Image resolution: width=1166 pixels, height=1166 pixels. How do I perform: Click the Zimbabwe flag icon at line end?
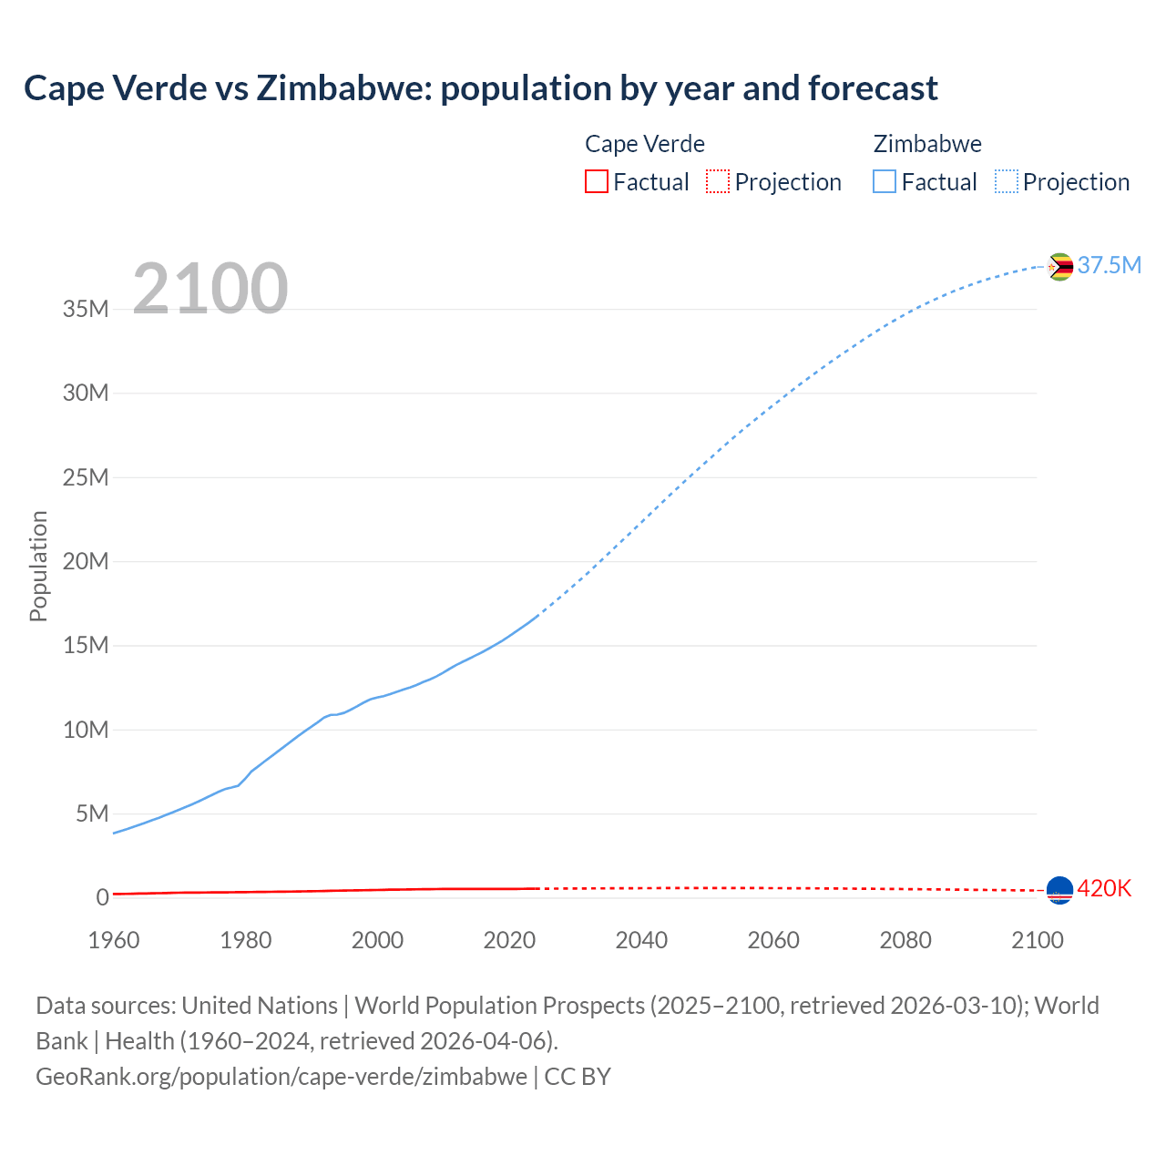(x=1059, y=267)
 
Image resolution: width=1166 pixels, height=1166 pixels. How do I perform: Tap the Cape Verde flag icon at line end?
(x=1059, y=890)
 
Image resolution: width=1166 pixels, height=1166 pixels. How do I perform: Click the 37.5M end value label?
(x=1109, y=265)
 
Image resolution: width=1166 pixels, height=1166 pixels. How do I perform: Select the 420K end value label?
(x=1104, y=888)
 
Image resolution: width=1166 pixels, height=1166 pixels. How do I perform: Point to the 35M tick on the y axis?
(x=86, y=309)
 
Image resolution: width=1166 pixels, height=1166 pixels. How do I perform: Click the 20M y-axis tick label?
(x=86, y=561)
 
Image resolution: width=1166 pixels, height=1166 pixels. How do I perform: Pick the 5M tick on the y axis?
(x=92, y=813)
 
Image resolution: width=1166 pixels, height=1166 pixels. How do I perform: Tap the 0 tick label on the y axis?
(x=102, y=897)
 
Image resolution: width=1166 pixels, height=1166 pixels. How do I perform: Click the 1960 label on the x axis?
(x=114, y=940)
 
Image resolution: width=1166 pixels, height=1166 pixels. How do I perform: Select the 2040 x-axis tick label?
(x=641, y=940)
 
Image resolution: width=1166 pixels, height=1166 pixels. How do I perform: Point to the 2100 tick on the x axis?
(x=1037, y=940)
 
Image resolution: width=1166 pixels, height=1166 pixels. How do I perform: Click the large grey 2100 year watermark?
(x=210, y=289)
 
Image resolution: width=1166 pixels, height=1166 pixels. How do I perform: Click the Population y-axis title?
(x=38, y=566)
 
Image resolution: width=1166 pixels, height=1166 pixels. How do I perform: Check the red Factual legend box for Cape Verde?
(x=596, y=181)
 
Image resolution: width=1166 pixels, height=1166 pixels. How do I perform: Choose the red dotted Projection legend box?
(x=718, y=181)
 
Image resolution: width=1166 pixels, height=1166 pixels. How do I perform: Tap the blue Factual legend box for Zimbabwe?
(x=885, y=181)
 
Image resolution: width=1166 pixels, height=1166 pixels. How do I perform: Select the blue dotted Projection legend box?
(x=1006, y=181)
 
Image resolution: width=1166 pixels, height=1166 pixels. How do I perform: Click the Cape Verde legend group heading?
(x=644, y=144)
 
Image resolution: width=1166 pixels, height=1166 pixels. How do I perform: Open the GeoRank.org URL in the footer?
(x=281, y=1077)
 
